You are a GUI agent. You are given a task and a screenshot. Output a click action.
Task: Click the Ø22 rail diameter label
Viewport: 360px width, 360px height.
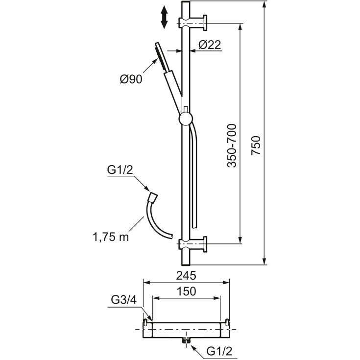pos(210,45)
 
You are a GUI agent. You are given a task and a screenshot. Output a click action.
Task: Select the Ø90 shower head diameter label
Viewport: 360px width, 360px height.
pos(131,79)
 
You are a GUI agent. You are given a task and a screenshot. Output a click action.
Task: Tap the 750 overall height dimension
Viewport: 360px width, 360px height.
pos(256,145)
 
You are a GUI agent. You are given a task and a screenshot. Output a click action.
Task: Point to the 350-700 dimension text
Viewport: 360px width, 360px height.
pos(231,146)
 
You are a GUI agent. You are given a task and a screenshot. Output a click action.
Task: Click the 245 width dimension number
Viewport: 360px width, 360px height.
pos(186,275)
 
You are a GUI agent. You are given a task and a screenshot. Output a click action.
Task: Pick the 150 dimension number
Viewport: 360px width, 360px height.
pos(186,291)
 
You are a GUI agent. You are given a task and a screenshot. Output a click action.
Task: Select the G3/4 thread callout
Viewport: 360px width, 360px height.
pos(123,300)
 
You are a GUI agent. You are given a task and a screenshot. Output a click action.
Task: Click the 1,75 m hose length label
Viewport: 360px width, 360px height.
pos(111,237)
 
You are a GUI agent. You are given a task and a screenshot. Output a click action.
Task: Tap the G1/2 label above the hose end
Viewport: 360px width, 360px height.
pos(120,170)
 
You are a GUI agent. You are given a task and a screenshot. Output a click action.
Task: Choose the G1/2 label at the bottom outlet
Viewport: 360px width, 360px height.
pos(219,351)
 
